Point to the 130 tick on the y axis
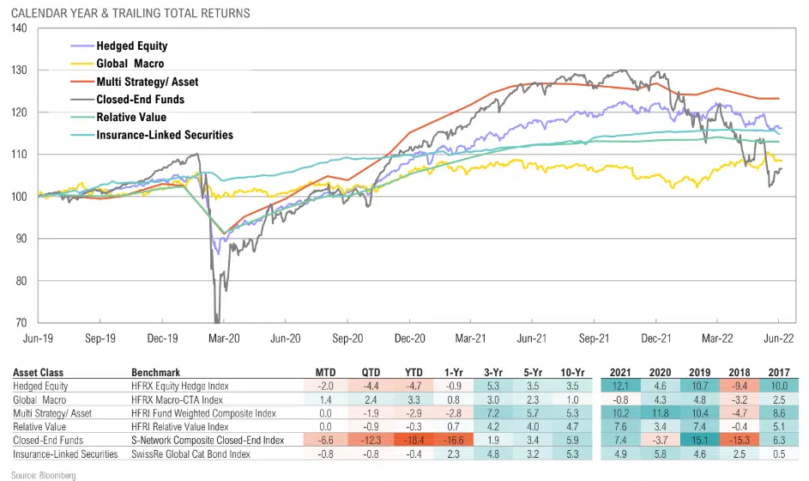pos(20,70)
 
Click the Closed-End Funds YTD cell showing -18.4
pos(413,441)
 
